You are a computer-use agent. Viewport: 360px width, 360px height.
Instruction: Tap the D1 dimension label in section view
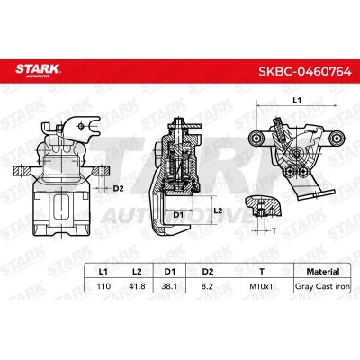pyautogui.click(x=178, y=215)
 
